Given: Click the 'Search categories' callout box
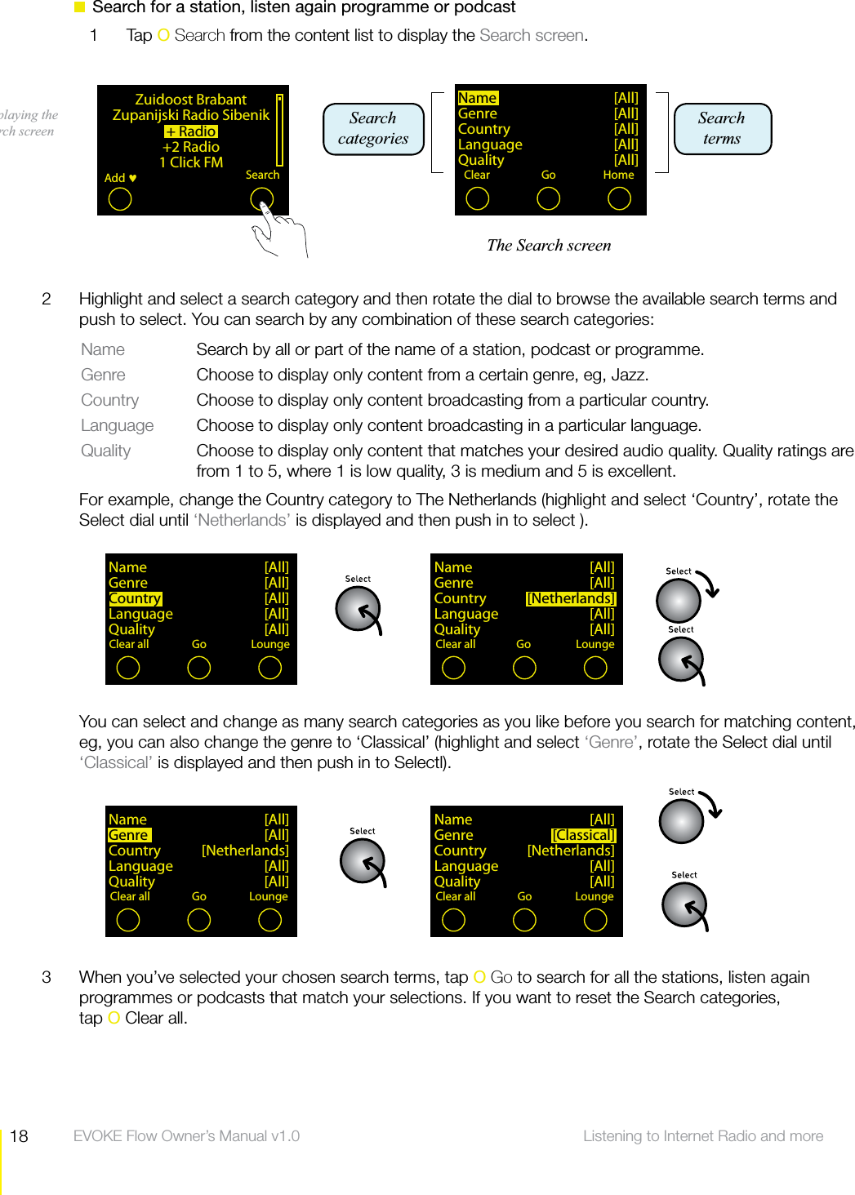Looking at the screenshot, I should (373, 129).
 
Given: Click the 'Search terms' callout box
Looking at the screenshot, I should (722, 129).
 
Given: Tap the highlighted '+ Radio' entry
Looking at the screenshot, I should (191, 131).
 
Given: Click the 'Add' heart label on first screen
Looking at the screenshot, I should (120, 178).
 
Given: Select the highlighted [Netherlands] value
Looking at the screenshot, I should (571, 598).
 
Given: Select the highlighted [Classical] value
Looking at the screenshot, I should (583, 835).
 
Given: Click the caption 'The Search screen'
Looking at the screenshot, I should (549, 246).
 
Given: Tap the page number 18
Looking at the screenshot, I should (19, 1136).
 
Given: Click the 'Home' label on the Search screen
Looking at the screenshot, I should (618, 175).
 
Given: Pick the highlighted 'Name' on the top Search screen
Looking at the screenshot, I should (478, 98).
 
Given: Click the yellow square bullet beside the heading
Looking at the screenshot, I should (80, 7).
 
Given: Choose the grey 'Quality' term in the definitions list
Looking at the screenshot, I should (105, 451).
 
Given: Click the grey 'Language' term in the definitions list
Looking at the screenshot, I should (117, 425).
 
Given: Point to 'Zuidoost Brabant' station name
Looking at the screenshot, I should (190, 100).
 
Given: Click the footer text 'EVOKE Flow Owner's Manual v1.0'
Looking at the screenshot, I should (186, 1136).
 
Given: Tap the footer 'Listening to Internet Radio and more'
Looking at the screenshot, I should (702, 1136).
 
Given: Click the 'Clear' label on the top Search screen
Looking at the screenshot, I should (477, 175).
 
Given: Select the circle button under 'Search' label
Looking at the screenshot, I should (261, 199).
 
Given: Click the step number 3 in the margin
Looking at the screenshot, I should (47, 977).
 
